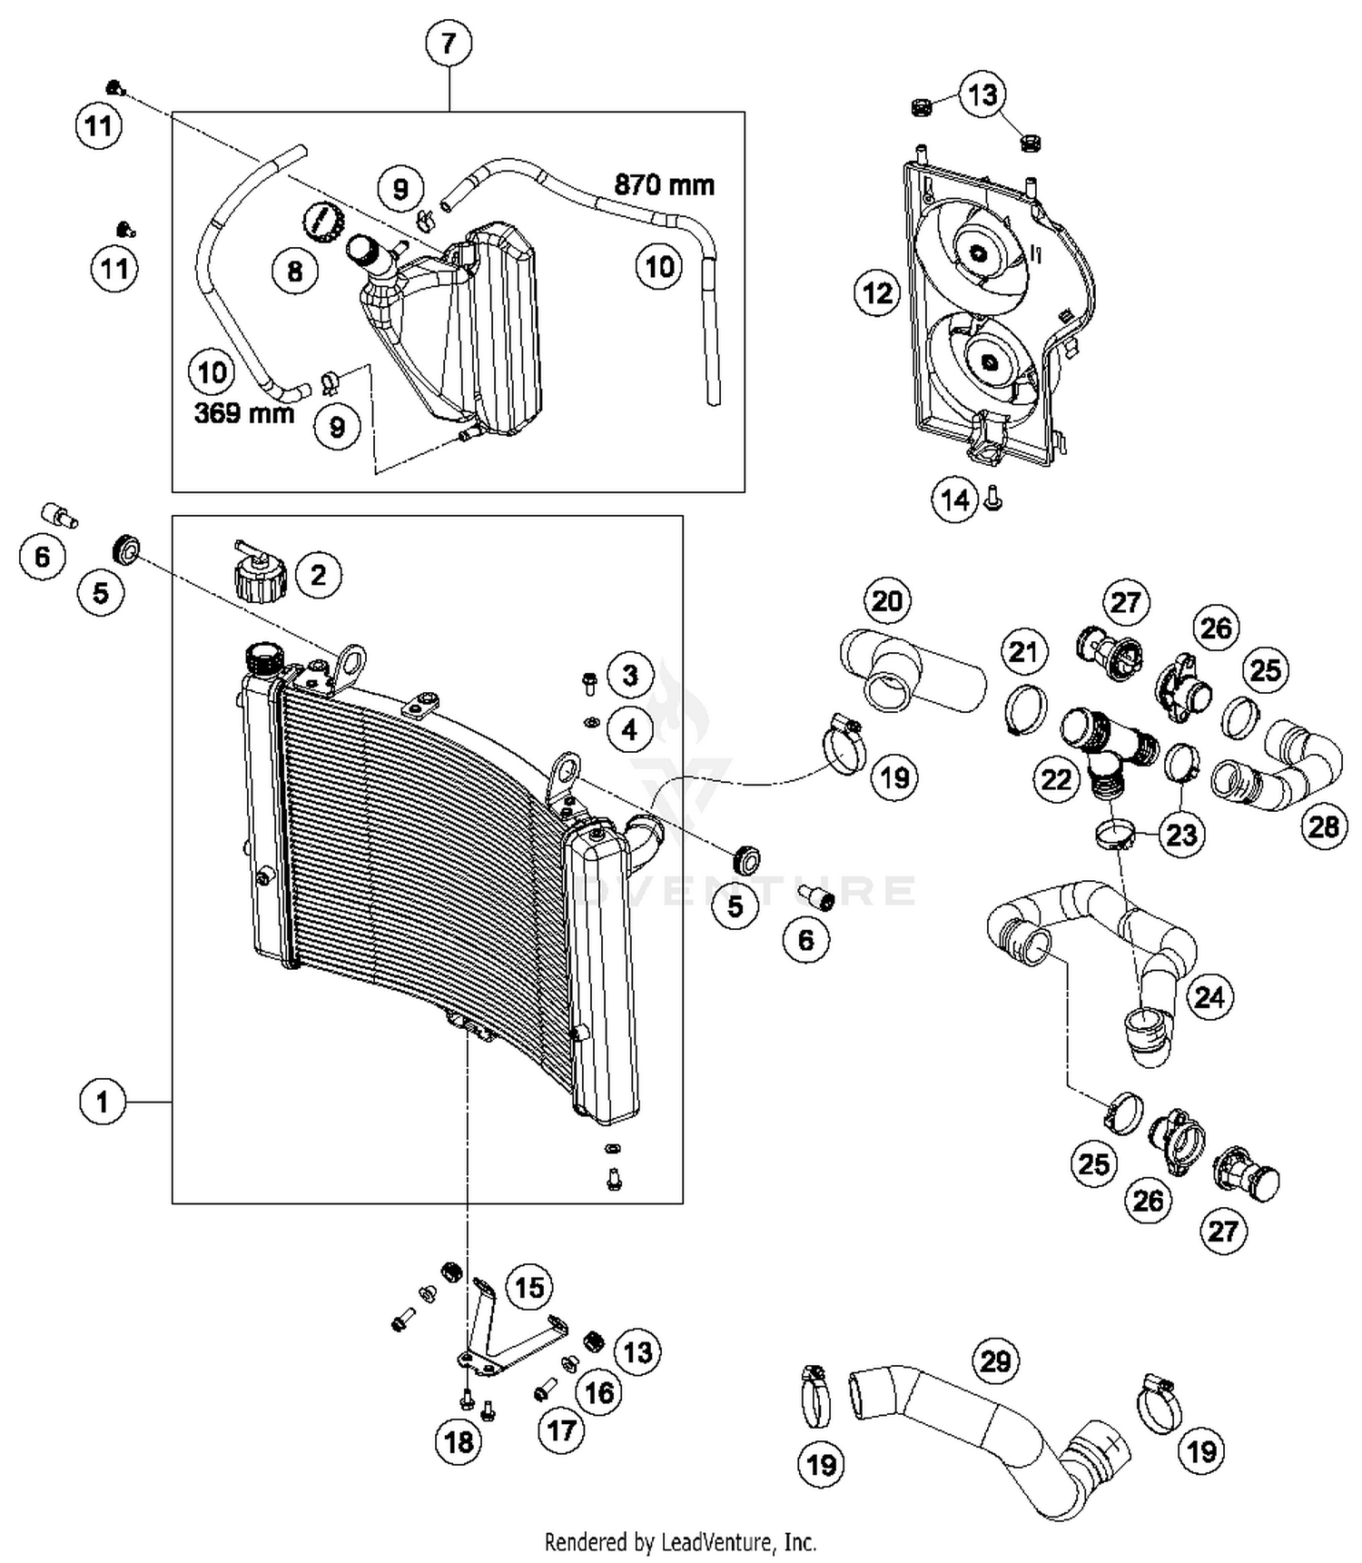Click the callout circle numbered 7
coord(449,43)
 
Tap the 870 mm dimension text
coord(664,185)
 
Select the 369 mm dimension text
coord(243,413)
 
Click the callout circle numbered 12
coord(877,292)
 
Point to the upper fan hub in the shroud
coord(978,253)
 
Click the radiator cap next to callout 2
coord(262,576)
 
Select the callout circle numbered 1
coord(102,1102)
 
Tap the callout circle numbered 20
coord(887,600)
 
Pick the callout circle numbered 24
coord(1209,997)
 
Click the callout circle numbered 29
coord(995,1361)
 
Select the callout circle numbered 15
coord(529,1287)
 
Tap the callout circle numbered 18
coord(459,1441)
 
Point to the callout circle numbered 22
coord(1055,779)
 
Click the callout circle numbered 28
coord(1323,826)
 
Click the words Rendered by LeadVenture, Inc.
coord(680,1541)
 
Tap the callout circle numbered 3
coord(630,675)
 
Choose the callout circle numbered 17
coord(561,1431)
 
